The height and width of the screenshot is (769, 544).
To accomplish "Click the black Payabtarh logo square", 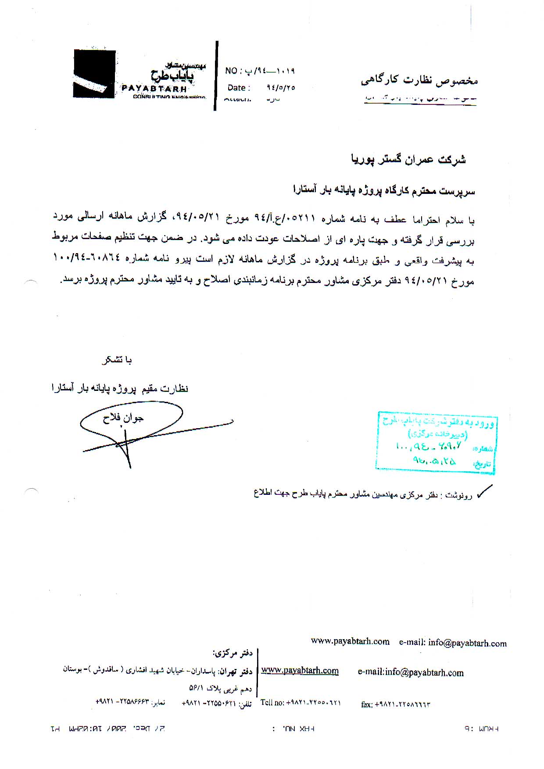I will [94, 74].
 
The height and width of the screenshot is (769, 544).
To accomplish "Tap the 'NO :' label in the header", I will [231, 71].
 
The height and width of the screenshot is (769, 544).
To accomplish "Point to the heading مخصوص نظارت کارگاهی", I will [419, 80].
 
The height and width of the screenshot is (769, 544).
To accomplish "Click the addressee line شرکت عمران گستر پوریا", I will [408, 159].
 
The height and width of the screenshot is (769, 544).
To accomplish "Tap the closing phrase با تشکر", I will [116, 360].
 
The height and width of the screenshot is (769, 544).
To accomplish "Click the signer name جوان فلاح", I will [123, 418].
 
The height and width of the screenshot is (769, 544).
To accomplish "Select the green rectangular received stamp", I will [436, 442].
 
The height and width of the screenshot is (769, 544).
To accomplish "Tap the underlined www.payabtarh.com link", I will [300, 670].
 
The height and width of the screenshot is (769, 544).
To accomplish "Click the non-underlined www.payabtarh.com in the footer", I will [350, 641].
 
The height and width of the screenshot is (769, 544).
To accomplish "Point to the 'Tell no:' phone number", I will [301, 702].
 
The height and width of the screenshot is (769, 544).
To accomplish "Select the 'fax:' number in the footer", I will [395, 705].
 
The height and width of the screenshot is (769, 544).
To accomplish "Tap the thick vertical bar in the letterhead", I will [216, 75].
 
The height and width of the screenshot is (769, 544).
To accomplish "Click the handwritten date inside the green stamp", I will [434, 461].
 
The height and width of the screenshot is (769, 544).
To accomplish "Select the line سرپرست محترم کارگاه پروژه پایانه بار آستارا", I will [384, 190].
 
